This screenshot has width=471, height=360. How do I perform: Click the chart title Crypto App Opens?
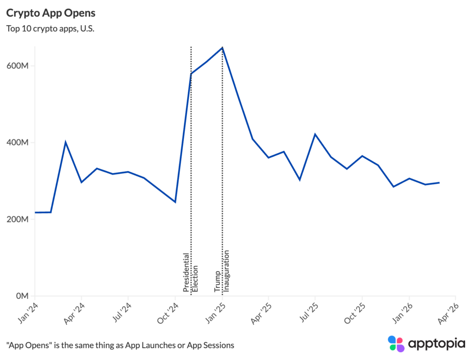click(x=51, y=12)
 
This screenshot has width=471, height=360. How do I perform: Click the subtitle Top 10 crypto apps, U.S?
click(x=50, y=29)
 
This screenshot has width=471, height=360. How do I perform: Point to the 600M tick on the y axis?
click(x=19, y=65)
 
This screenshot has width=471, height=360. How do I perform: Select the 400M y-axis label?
click(x=19, y=142)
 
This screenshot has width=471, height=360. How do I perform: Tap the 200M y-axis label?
click(x=19, y=219)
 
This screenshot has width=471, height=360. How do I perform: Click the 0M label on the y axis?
click(x=22, y=296)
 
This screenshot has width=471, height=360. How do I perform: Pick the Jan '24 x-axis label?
click(x=29, y=313)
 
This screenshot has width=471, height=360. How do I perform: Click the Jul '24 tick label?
click(x=122, y=313)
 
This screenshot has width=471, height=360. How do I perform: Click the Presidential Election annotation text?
click(x=190, y=273)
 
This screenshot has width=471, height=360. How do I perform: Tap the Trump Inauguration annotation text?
click(x=221, y=272)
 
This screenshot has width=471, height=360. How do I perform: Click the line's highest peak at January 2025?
click(x=222, y=47)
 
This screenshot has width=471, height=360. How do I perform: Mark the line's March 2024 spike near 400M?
click(x=66, y=142)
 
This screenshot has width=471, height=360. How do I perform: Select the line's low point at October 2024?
click(x=175, y=202)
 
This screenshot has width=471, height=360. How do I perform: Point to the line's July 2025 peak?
click(x=315, y=134)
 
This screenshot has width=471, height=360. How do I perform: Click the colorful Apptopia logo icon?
click(x=396, y=344)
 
